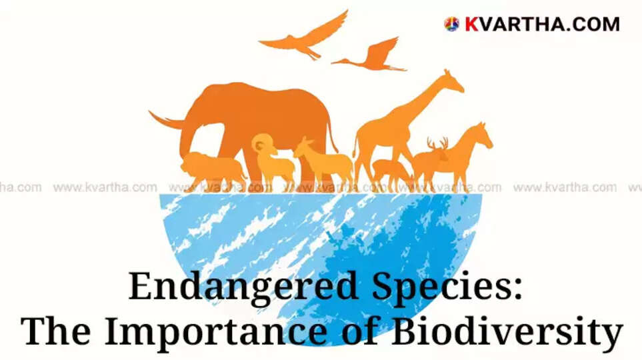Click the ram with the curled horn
pos(270,157)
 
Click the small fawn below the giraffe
pos(390,171)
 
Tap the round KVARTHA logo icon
pos(451,25)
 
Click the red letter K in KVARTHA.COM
pos(471,25)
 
